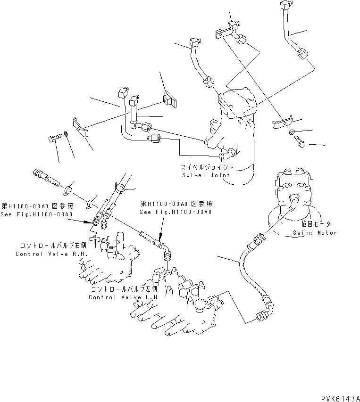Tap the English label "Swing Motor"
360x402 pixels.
(315, 233)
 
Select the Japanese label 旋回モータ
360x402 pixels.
(315, 225)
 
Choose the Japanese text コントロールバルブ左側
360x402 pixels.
(121, 289)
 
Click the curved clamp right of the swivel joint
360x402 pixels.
(281, 123)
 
